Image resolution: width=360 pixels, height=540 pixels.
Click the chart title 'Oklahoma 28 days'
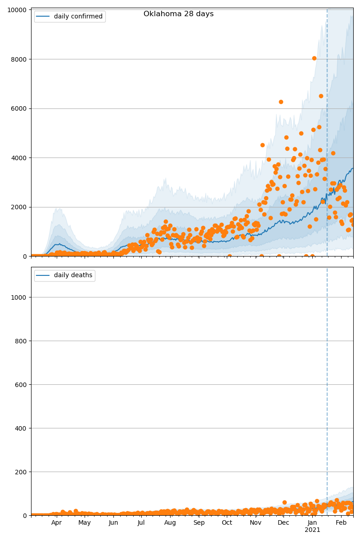pyautogui.click(x=178, y=14)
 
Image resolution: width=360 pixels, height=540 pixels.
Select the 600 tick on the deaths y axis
pyautogui.click(x=21, y=384)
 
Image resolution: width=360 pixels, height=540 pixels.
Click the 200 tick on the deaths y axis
pyautogui.click(x=21, y=472)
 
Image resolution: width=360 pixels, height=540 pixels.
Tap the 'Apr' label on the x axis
pyautogui.click(x=56, y=522)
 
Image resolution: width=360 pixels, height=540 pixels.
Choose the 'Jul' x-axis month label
pyautogui.click(x=141, y=522)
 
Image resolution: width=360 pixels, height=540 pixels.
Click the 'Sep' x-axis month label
pyautogui.click(x=199, y=522)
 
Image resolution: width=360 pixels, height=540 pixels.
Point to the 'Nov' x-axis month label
pyautogui.click(x=256, y=522)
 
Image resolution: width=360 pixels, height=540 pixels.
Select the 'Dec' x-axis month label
pyautogui.click(x=283, y=522)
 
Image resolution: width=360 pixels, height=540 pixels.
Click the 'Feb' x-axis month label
pyautogui.click(x=341, y=522)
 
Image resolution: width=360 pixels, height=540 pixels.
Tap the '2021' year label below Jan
pyautogui.click(x=312, y=530)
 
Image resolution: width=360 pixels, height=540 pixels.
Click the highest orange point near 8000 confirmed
pyautogui.click(x=314, y=58)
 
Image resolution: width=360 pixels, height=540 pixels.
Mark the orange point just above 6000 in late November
pyautogui.click(x=281, y=102)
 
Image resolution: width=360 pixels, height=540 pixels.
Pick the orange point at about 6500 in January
pyautogui.click(x=321, y=96)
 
